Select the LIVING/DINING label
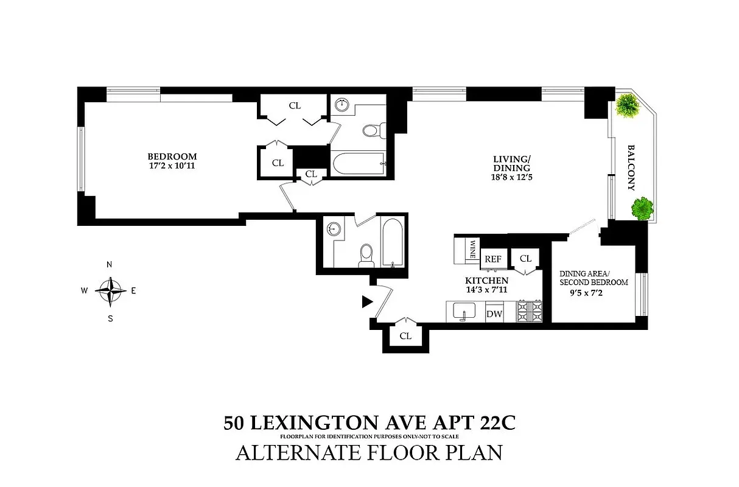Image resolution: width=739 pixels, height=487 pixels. (511, 164)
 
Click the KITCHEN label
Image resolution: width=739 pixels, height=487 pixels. (486, 281)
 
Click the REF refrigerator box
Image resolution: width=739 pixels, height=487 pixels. (492, 259)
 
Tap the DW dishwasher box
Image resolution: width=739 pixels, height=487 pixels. (493, 314)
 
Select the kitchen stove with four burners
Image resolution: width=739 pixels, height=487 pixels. (529, 312)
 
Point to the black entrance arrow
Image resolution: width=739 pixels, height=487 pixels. (366, 301)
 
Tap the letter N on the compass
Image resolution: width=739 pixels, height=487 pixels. (110, 265)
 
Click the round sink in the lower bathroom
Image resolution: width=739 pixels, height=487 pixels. (332, 229)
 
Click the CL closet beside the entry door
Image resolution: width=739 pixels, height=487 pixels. (405, 336)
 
